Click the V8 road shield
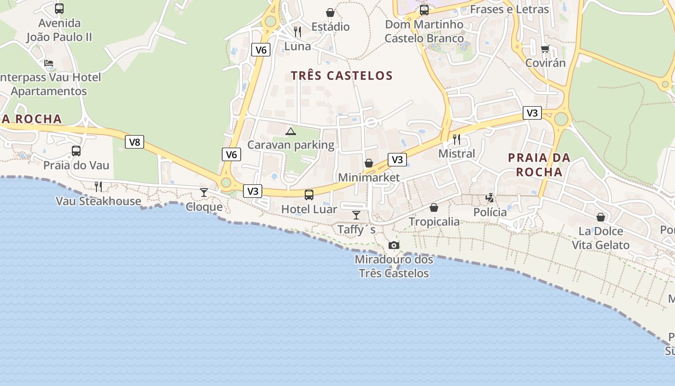[135, 142]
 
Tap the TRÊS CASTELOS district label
[342, 76]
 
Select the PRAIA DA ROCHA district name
[539, 165]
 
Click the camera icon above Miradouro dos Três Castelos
[394, 246]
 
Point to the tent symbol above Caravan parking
[290, 131]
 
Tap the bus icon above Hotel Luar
[309, 195]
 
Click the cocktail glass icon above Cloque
[204, 193]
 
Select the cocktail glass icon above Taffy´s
[356, 215]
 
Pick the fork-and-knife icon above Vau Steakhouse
[98, 187]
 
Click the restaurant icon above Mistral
[457, 139]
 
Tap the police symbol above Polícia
[490, 198]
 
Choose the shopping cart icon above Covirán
[545, 49]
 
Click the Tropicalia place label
[434, 222]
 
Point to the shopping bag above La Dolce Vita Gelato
[601, 217]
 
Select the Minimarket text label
[369, 178]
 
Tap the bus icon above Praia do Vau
[76, 151]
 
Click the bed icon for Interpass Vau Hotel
[49, 63]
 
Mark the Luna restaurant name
[297, 47]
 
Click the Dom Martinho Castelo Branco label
[424, 31]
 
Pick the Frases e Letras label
[509, 9]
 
